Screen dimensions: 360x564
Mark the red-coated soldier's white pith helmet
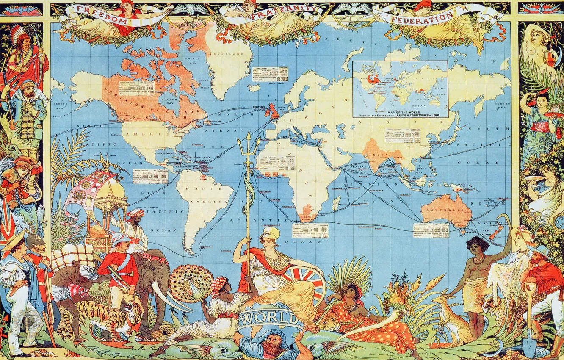(x=121, y=238)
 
